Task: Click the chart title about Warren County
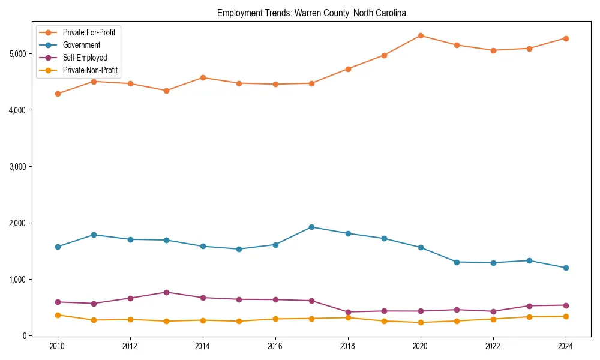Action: pos(311,13)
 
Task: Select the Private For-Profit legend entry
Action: pos(89,32)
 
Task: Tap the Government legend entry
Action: pos(82,45)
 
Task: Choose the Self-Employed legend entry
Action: pos(85,58)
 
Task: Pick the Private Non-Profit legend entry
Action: pos(90,70)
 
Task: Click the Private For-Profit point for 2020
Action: pos(421,35)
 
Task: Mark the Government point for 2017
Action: pos(311,227)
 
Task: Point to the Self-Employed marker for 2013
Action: pos(166,292)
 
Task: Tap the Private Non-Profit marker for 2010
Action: pos(58,315)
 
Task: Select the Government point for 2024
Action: pos(566,268)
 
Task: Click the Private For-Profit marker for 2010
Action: pos(58,94)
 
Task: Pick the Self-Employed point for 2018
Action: pos(348,312)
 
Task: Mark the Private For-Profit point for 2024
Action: pos(566,38)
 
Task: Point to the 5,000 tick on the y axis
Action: pos(18,54)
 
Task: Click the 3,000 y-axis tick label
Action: pos(18,167)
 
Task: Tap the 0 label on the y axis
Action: pos(25,336)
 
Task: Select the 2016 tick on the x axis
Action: pos(275,346)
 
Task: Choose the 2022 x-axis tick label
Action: pos(493,346)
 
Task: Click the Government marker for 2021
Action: pos(457,262)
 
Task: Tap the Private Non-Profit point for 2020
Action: pos(421,322)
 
